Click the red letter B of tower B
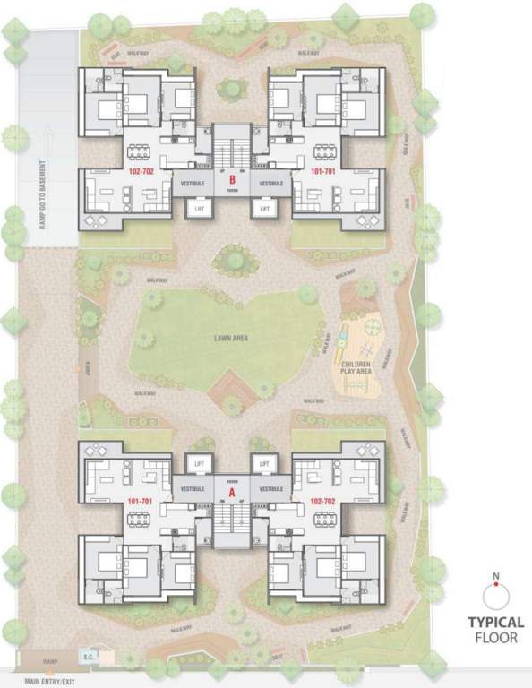point(232,178)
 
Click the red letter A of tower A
point(232,492)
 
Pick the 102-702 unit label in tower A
point(322,502)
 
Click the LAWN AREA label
point(230,338)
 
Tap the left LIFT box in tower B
point(200,208)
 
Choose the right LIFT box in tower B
point(264,208)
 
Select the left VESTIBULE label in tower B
point(193,184)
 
